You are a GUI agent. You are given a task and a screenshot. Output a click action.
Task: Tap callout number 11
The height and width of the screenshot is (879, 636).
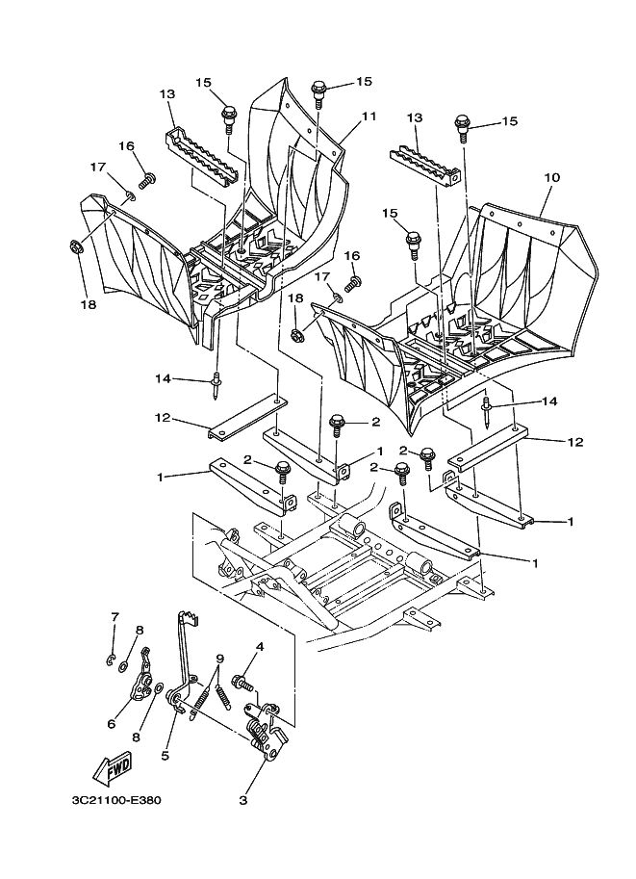point(369,116)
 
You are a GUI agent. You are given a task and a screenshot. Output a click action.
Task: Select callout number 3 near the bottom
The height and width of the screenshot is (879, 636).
point(243,798)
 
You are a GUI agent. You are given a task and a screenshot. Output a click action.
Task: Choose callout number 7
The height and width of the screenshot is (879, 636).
point(114,616)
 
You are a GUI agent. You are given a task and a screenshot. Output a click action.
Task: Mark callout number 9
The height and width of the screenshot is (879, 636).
point(220,659)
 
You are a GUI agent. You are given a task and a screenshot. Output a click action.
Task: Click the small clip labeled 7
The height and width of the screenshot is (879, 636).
point(112,659)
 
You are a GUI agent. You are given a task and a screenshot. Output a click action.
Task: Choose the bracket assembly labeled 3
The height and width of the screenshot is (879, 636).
point(265,732)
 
